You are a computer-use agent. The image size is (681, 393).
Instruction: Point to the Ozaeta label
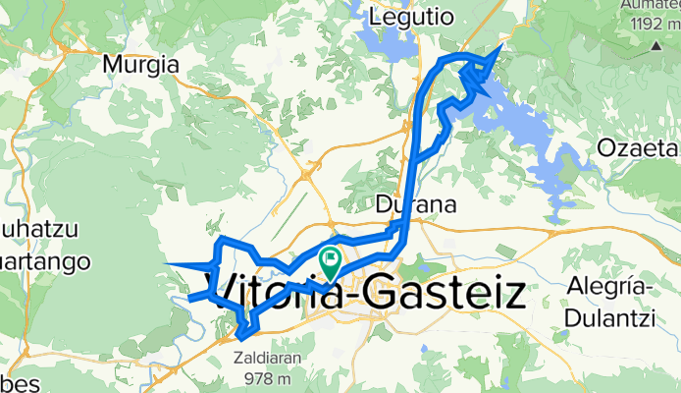(639, 148)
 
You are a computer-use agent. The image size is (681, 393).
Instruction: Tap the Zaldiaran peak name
(268, 360)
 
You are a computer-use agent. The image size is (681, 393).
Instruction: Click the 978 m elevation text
(268, 378)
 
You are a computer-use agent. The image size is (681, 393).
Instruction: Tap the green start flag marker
(331, 261)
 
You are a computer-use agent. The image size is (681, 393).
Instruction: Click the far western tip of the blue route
(167, 263)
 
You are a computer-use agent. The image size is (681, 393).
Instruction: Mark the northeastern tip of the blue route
(502, 45)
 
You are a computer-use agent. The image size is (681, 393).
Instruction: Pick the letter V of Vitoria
(225, 293)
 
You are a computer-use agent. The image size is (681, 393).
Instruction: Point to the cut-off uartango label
(44, 262)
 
